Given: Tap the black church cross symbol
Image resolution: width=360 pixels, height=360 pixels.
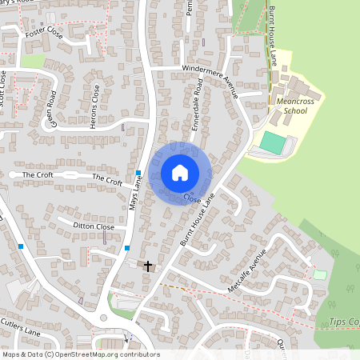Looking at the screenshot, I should pyautogui.click(x=147, y=265).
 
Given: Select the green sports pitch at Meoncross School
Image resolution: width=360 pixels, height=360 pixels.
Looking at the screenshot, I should pyautogui.click(x=272, y=144).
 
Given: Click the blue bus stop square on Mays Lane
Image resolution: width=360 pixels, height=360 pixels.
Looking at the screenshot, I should pyautogui.click(x=138, y=173).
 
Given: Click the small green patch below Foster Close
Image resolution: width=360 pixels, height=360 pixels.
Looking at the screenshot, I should pyautogui.click(x=33, y=61).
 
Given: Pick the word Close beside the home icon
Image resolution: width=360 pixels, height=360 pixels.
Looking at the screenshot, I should pyautogui.click(x=191, y=197).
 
